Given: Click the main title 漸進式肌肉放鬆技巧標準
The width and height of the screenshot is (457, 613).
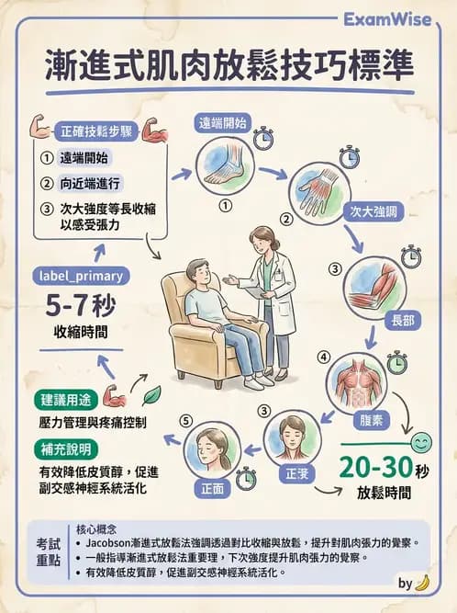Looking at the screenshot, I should coord(229,65).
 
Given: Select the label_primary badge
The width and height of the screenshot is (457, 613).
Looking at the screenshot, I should coord(80,276).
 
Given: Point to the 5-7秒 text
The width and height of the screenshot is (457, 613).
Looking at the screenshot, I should coord(80,306).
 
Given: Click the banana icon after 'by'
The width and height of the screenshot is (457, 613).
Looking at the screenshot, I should coord(422,583).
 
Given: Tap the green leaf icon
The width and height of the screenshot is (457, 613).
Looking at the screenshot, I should coord(151,393).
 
